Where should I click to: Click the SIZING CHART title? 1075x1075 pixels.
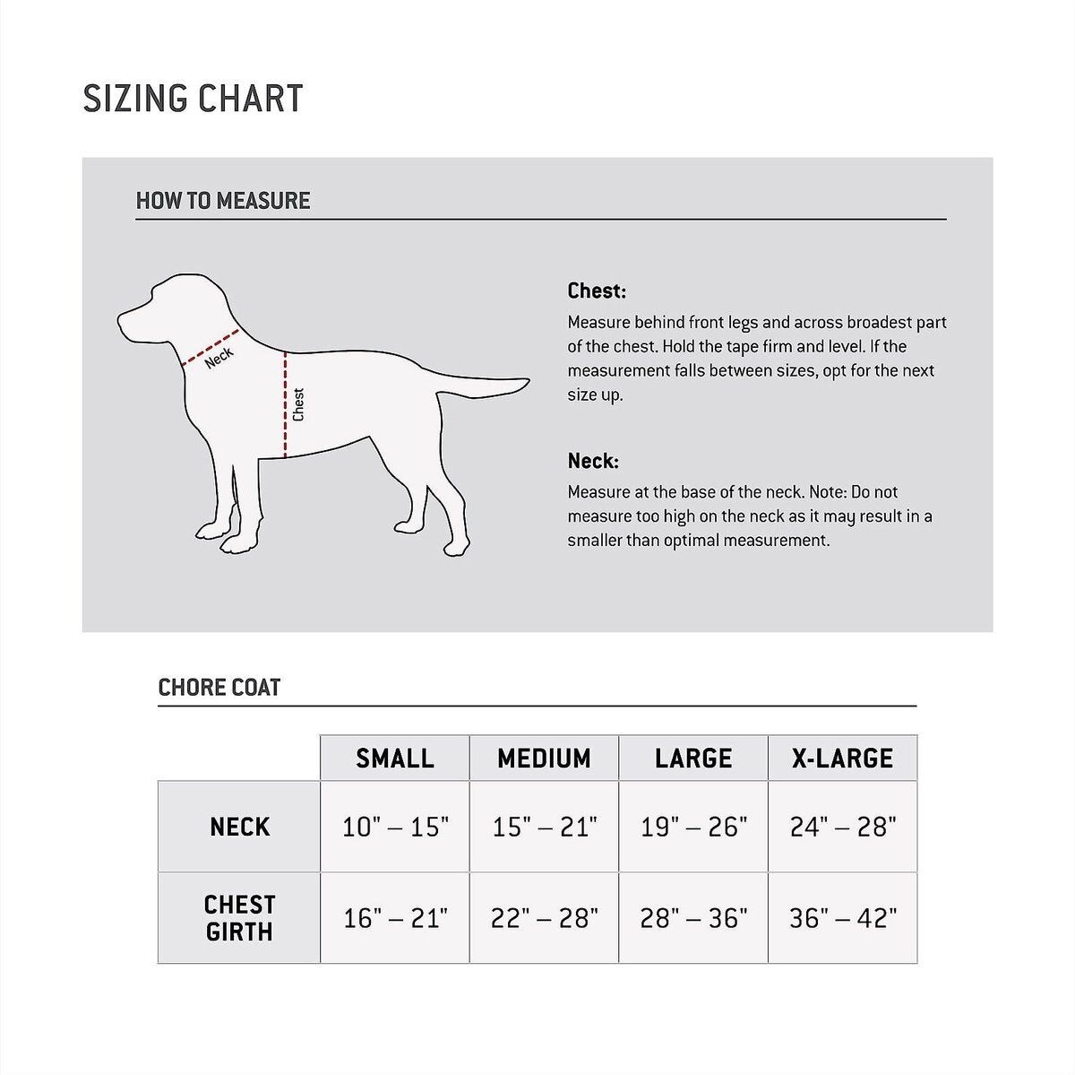[193, 99]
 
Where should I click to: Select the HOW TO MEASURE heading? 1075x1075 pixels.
[223, 201]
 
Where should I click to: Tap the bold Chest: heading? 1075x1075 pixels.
[597, 291]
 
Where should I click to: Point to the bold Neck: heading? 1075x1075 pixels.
[593, 462]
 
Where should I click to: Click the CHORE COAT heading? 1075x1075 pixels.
[219, 688]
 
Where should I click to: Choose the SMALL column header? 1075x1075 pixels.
[395, 759]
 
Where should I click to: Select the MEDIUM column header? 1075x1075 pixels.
[544, 759]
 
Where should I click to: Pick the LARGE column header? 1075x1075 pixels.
[693, 759]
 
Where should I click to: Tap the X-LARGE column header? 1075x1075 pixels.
[842, 759]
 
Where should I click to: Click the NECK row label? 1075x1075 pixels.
[239, 827]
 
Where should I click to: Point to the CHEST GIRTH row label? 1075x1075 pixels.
[239, 918]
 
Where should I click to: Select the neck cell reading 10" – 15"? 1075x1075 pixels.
[395, 827]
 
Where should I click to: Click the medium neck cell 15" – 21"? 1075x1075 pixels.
[544, 827]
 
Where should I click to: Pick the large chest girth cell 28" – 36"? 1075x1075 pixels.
[693, 918]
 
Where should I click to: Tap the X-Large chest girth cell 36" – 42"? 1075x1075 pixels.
[842, 918]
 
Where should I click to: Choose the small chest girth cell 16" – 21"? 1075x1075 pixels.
[395, 918]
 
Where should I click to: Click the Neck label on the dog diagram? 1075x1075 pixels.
[219, 357]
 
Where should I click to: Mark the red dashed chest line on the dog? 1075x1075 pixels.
[285, 403]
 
